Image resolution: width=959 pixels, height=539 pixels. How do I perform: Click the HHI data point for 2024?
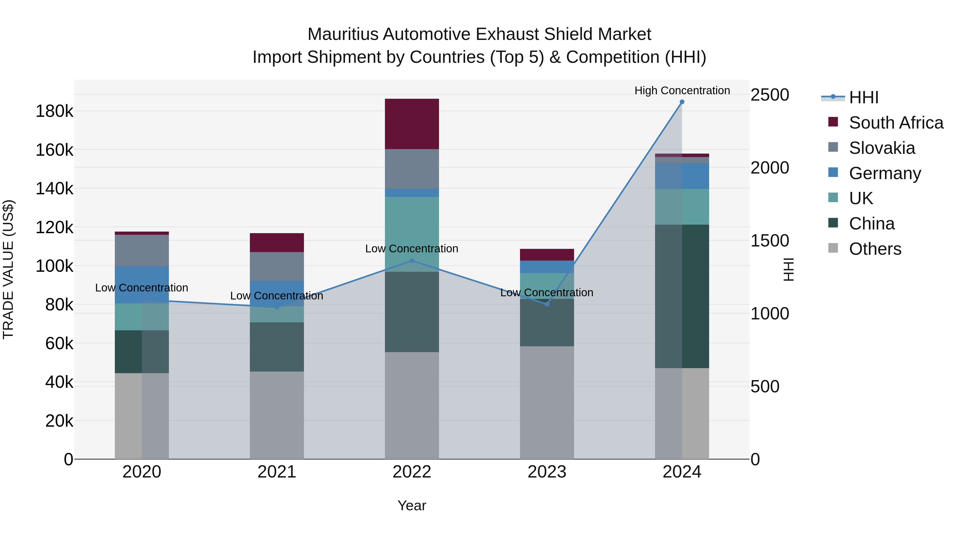pyautogui.click(x=682, y=102)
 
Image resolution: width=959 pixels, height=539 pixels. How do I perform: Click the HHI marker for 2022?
pyautogui.click(x=412, y=261)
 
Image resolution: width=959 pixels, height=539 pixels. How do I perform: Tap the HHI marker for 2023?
pyautogui.click(x=547, y=304)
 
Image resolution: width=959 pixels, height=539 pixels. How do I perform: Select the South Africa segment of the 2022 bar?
pyautogui.click(x=412, y=124)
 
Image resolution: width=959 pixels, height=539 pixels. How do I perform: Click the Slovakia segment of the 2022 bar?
pyautogui.click(x=412, y=169)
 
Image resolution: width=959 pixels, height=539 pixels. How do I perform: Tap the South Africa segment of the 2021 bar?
pyautogui.click(x=277, y=242)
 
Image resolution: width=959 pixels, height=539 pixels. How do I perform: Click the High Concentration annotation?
pyautogui.click(x=682, y=90)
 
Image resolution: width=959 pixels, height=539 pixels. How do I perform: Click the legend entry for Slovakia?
pyautogui.click(x=881, y=148)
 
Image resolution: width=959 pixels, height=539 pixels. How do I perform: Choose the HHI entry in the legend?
pyautogui.click(x=863, y=97)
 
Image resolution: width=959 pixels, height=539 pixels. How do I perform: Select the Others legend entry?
pyautogui.click(x=875, y=249)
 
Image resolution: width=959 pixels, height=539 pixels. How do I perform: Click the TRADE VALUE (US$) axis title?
pyautogui.click(x=8, y=269)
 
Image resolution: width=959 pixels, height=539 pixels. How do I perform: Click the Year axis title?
pyautogui.click(x=412, y=505)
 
